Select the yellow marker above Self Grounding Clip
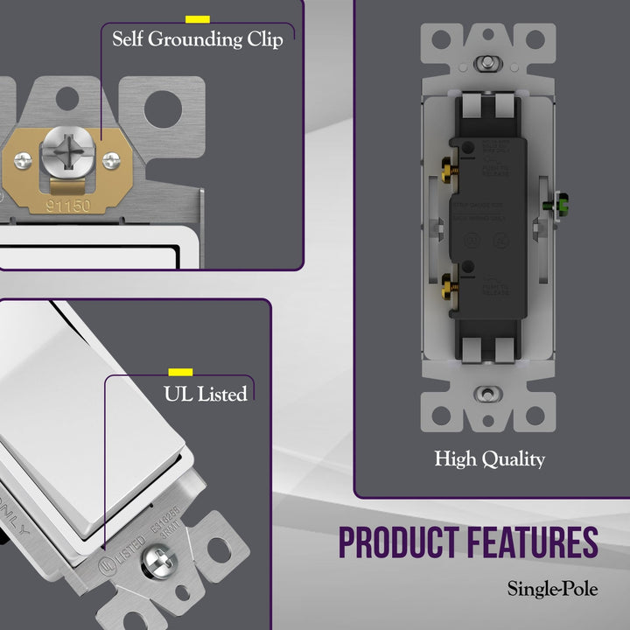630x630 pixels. (x=197, y=18)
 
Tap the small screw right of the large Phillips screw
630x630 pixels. (x=111, y=160)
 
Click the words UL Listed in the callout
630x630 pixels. (x=205, y=395)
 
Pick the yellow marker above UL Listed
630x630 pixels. (x=180, y=372)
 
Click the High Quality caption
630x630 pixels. (x=489, y=458)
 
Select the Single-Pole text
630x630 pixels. (x=552, y=589)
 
